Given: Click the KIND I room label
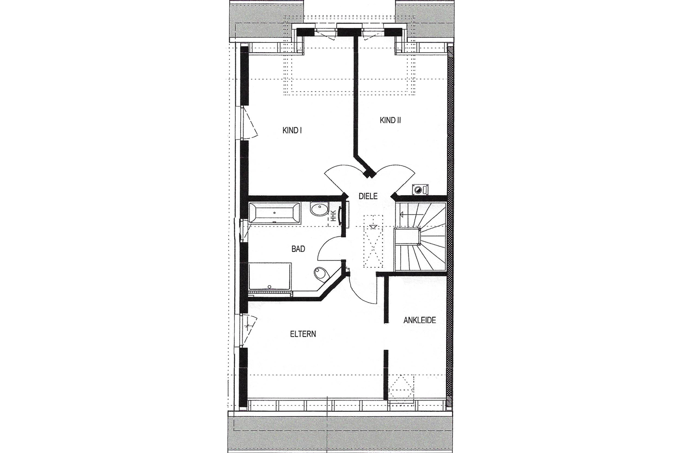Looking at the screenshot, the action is [x=292, y=130].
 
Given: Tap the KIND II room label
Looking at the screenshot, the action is [x=390, y=120].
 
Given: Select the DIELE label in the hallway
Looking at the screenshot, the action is [x=368, y=196].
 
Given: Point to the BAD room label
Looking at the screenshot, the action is [x=298, y=249].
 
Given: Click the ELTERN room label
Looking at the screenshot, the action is [x=303, y=334].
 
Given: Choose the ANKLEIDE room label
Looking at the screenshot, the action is [x=419, y=320].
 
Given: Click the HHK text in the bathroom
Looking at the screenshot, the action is [x=333, y=216].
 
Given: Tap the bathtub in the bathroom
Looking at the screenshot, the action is [x=274, y=213].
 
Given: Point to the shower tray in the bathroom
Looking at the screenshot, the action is [x=270, y=276].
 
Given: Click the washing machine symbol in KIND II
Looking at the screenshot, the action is [x=420, y=190].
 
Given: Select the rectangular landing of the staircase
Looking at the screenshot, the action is [x=407, y=237].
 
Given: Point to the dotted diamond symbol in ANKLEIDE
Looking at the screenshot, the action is [x=401, y=386].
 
